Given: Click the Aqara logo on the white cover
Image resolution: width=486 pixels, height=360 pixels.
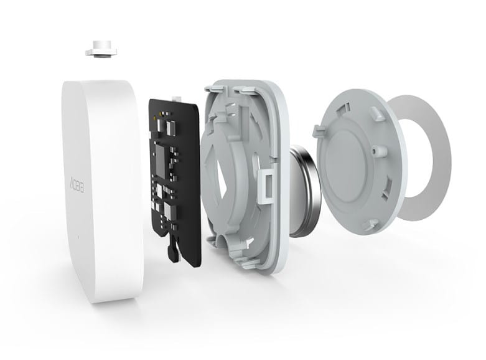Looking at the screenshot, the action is [77, 184].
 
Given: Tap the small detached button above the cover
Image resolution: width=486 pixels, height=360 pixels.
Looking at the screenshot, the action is [101, 49].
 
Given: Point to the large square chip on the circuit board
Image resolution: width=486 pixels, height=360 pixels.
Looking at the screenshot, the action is [161, 161].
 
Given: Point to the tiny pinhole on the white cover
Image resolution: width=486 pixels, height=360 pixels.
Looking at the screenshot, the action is [78, 237].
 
